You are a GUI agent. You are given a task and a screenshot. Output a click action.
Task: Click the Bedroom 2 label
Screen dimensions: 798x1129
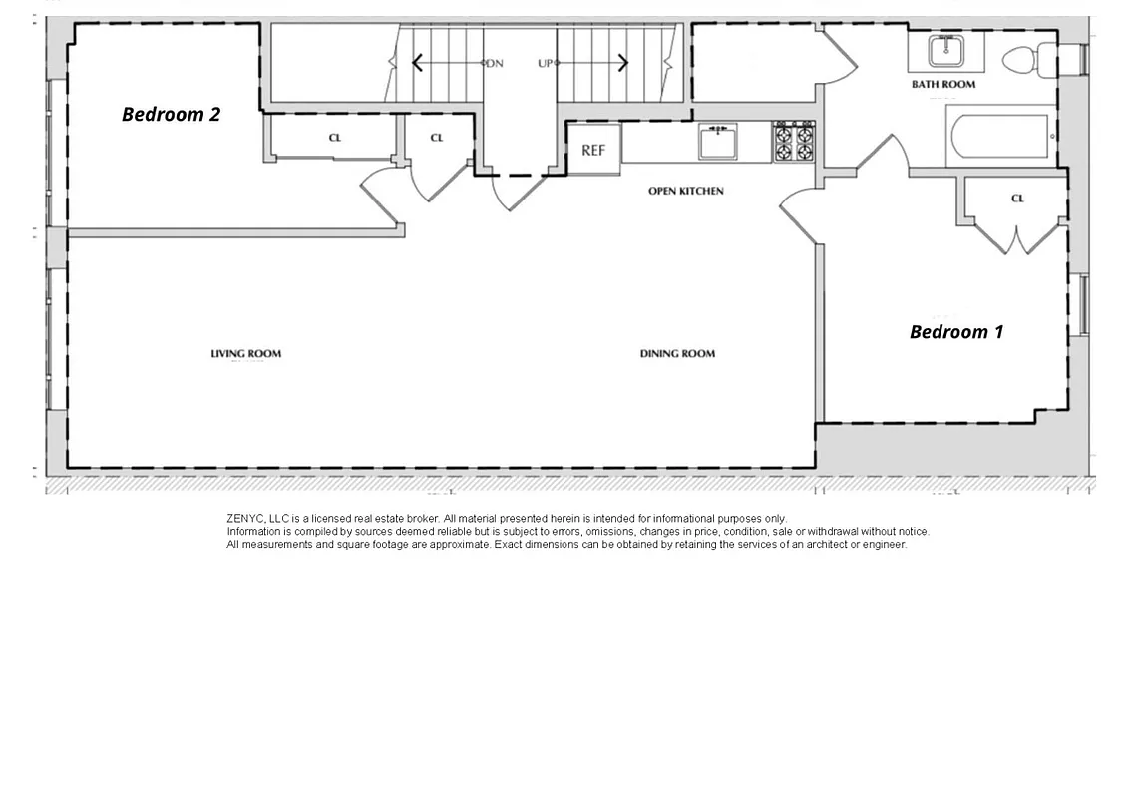click(171, 114)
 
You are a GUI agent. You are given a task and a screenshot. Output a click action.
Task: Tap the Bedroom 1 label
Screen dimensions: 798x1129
click(956, 332)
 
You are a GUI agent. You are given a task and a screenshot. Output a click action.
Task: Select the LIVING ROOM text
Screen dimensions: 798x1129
click(245, 353)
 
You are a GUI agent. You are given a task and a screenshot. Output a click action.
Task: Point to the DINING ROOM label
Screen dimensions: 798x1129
click(677, 353)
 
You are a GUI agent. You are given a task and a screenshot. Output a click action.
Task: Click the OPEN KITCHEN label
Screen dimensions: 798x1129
click(686, 191)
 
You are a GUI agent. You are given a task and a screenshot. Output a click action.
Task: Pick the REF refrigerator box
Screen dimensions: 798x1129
click(593, 150)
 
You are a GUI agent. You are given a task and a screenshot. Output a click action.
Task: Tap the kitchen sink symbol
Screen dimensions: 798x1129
click(717, 143)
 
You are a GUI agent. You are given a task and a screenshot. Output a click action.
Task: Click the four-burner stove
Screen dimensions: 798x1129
click(795, 142)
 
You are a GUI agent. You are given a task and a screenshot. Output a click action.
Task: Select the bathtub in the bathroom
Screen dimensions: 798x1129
click(999, 137)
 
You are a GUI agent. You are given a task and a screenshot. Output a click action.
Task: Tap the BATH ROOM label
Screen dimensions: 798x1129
click(943, 85)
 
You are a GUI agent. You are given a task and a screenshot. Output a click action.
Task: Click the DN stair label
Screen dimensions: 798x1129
click(494, 63)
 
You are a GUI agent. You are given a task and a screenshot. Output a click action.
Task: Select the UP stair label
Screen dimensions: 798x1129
click(546, 63)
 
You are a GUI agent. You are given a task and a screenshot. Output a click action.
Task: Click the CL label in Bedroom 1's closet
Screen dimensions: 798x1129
click(1017, 199)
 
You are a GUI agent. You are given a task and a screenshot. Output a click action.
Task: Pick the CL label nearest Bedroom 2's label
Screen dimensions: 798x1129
click(335, 138)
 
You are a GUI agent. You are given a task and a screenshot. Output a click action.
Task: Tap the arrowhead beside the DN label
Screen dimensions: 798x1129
click(417, 63)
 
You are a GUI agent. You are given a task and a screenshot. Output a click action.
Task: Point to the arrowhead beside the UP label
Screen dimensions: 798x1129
click(623, 63)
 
